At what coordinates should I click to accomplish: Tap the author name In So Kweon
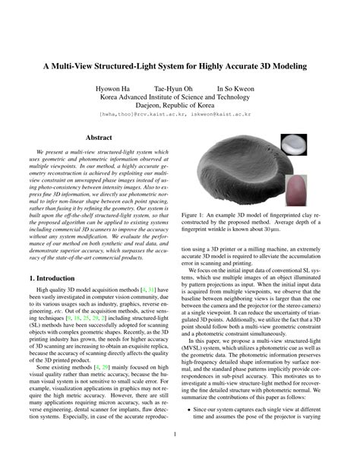click(238, 89)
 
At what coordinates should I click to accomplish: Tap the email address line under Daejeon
click(179, 114)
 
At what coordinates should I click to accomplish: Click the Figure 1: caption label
click(198, 216)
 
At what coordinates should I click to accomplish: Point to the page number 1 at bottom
click(180, 435)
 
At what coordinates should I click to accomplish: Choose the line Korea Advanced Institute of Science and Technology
click(179, 98)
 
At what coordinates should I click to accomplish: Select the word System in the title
click(179, 65)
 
